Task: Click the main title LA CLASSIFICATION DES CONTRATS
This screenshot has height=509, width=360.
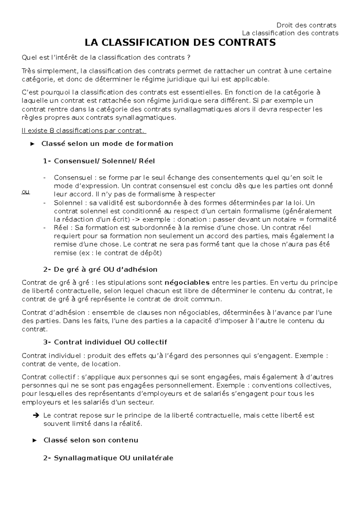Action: tap(180, 43)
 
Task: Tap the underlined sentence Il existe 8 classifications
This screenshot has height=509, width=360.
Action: tap(84, 131)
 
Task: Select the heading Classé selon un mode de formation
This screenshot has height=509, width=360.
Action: tap(107, 144)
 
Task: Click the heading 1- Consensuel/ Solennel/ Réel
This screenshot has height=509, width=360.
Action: tap(99, 161)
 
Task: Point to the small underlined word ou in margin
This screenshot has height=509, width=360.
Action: tap(26, 192)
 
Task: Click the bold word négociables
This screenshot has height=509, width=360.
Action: tap(187, 282)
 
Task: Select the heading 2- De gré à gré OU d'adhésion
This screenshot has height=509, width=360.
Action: tap(100, 269)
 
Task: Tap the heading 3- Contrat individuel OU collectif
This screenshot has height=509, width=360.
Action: tap(105, 342)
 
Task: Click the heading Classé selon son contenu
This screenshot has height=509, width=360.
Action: tap(91, 440)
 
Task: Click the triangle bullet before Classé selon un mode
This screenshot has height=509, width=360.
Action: tap(33, 144)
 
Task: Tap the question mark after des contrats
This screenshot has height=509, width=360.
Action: tap(188, 58)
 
